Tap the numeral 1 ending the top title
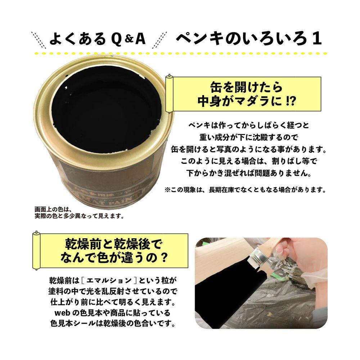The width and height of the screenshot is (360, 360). pyautogui.click(x=316, y=38)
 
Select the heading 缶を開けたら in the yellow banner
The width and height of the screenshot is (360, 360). pyautogui.click(x=246, y=87)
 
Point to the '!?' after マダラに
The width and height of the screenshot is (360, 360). pyautogui.click(x=291, y=101)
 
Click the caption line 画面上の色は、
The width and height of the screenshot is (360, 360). pyautogui.click(x=53, y=210)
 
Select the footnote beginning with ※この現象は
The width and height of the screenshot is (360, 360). pyautogui.click(x=246, y=190)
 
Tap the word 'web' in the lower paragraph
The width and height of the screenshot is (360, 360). pyautogui.click(x=62, y=313)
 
